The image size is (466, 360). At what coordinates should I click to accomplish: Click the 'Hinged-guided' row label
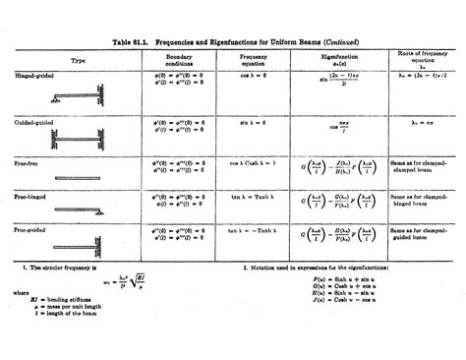[x=34, y=76]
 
